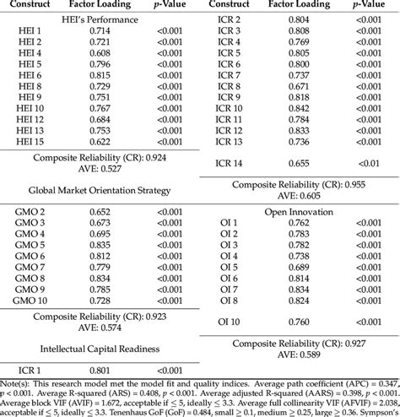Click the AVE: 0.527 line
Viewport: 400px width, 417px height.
tap(100, 170)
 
